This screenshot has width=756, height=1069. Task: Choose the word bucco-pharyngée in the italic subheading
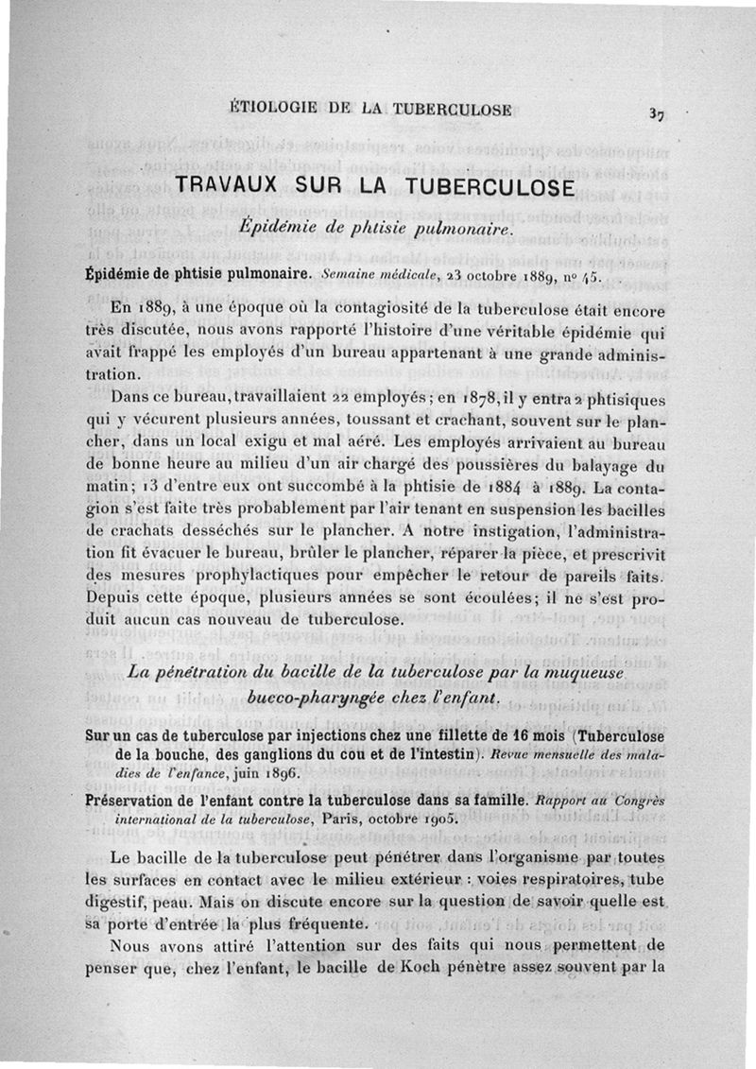pyautogui.click(x=317, y=696)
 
